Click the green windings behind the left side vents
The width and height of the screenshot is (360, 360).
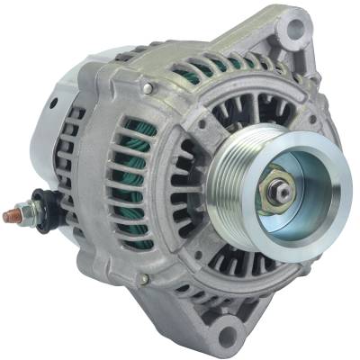click(x=135, y=180)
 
